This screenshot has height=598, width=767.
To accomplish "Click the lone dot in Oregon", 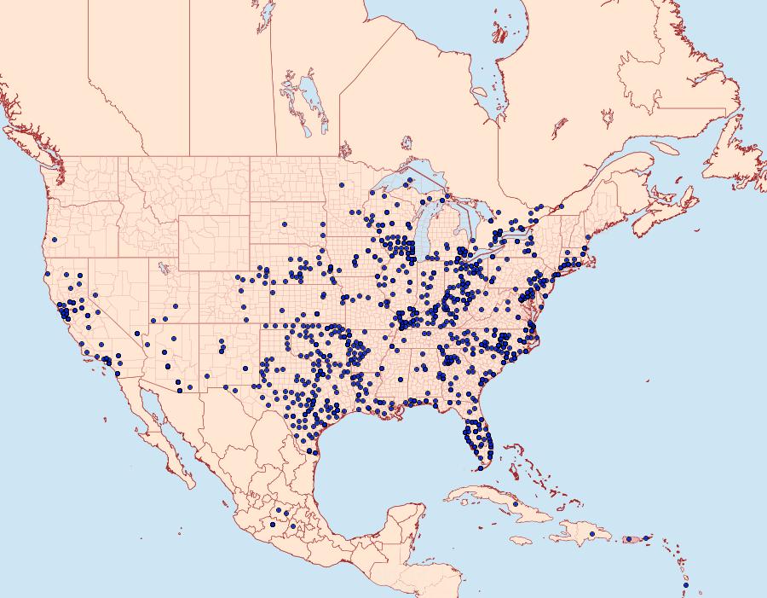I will pyautogui.click(x=54, y=240).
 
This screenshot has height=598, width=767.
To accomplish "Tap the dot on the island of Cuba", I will pyautogui.click(x=516, y=504).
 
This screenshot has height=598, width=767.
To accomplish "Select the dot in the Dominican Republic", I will pyautogui.click(x=592, y=534).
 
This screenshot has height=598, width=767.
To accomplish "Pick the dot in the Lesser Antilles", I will pyautogui.click(x=685, y=585).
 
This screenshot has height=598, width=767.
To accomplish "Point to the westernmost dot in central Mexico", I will pyautogui.click(x=274, y=525).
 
